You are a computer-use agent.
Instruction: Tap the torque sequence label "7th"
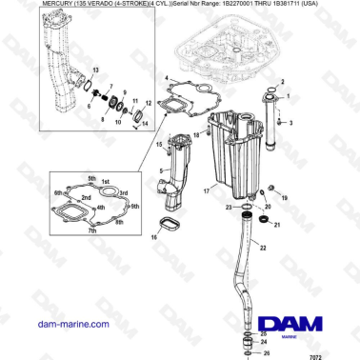click(91, 230)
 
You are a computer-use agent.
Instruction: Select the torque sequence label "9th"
click(135, 207)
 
